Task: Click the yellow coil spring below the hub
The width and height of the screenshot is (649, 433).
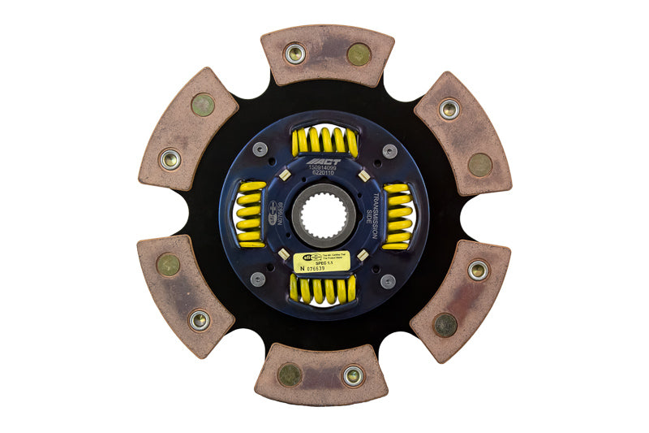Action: point(324,288)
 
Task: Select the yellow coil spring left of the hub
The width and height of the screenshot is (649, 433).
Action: point(251,215)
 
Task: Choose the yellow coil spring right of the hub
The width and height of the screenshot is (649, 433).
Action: point(398,215)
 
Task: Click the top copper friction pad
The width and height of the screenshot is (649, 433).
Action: point(327,54)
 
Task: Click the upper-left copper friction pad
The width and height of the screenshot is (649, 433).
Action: point(188,130)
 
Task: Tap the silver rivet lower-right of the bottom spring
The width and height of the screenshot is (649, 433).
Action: point(389,281)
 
